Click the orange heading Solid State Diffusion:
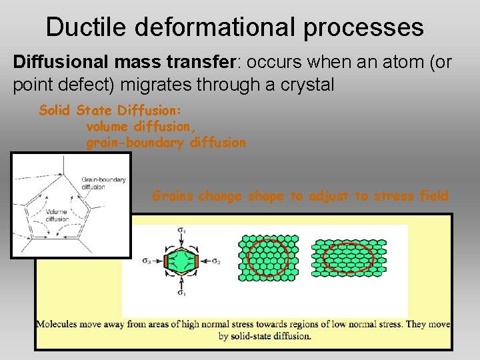coord(111,111)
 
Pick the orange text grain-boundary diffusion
coord(166,143)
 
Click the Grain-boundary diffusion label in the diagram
coord(103,183)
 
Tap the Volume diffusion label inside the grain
coord(57,215)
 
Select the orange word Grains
coord(173,196)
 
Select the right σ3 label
coord(215,261)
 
